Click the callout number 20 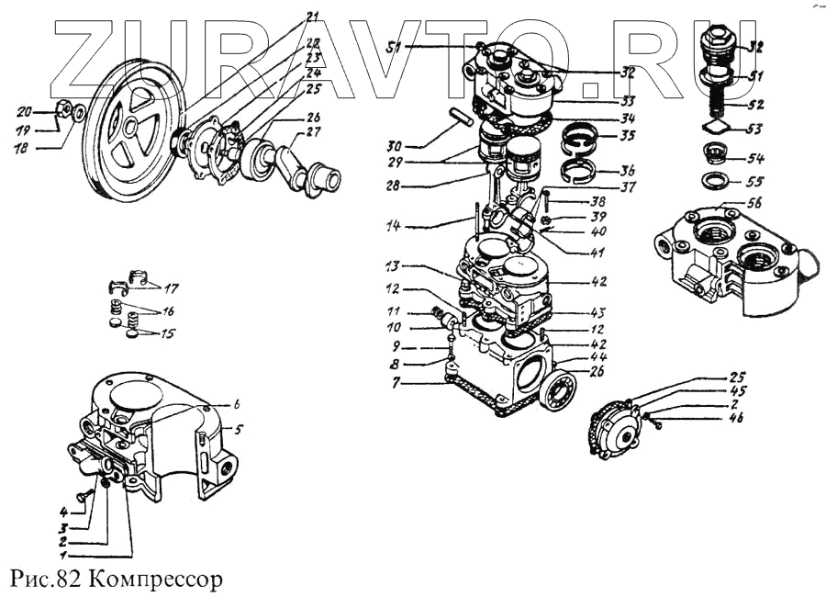tap(26, 111)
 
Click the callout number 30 tap(394, 145)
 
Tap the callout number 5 tap(239, 429)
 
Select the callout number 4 tap(65, 512)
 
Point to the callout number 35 tap(627, 135)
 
